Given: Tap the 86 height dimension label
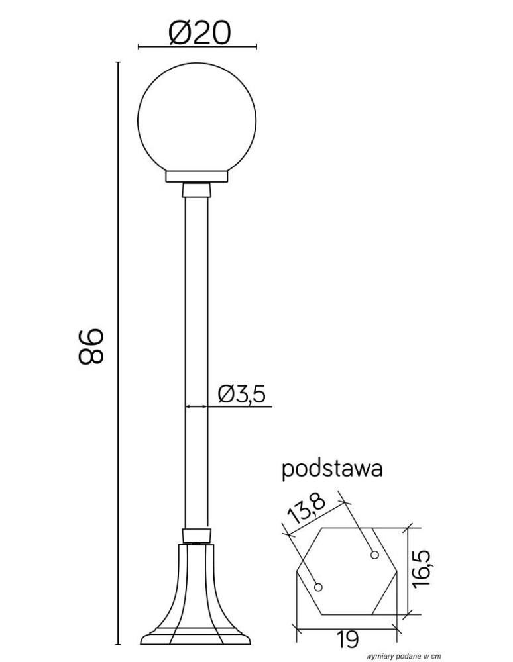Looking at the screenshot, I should pyautogui.click(x=91, y=346).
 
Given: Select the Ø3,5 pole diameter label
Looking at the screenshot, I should pyautogui.click(x=242, y=395).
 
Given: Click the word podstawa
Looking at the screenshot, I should pyautogui.click(x=332, y=469).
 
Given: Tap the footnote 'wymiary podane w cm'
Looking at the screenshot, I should pyautogui.click(x=403, y=655).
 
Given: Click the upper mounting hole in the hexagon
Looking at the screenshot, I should pyautogui.click(x=375, y=555).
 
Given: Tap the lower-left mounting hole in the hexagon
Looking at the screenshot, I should pyautogui.click(x=319, y=587).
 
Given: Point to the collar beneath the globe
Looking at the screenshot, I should pyautogui.click(x=197, y=177).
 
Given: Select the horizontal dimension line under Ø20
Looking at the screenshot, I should pyautogui.click(x=197, y=48).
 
